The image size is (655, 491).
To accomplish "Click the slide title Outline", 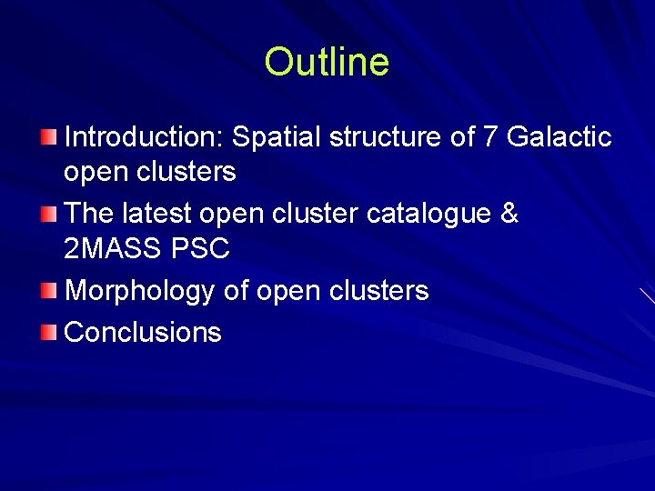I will tap(327, 63).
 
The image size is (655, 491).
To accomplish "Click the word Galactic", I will tap(559, 137).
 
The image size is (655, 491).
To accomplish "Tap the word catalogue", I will tap(428, 215).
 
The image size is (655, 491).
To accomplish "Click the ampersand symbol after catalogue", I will tap(509, 214).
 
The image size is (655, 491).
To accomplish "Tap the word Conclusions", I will tap(143, 332).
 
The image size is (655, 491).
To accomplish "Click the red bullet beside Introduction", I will tap(48, 137).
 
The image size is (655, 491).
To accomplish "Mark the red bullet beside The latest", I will tap(48, 214).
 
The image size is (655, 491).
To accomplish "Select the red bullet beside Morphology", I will tap(48, 291).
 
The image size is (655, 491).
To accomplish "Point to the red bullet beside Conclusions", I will tap(48, 332).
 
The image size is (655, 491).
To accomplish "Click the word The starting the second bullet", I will tap(89, 214).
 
